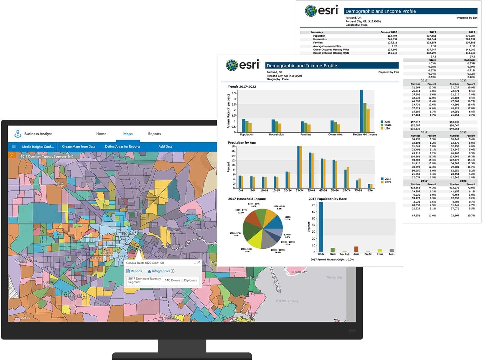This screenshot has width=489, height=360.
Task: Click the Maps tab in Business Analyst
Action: tap(128, 134)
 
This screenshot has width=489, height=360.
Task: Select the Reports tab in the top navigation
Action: tap(154, 134)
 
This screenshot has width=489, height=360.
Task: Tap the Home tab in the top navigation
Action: tap(101, 134)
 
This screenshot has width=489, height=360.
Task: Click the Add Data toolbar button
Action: tap(165, 146)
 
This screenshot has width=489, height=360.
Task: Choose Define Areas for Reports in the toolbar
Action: tap(122, 146)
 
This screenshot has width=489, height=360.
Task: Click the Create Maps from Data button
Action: tap(78, 146)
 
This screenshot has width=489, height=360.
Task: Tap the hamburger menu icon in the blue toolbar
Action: tap(14, 146)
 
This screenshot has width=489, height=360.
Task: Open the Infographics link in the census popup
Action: tap(161, 271)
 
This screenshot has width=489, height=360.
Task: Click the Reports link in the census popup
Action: tap(136, 271)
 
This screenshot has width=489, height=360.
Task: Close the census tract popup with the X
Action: tap(199, 262)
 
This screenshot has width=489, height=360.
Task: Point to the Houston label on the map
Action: tap(129, 234)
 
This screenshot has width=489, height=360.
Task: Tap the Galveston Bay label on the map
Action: tap(287, 301)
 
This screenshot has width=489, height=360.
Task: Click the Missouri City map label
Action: tap(75, 295)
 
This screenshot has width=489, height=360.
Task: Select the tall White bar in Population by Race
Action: tap(321, 227)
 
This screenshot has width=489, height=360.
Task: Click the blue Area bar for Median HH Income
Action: tap(361, 111)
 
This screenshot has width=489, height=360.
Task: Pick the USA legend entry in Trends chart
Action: tap(387, 128)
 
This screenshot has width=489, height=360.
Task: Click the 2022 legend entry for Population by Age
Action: tap(387, 182)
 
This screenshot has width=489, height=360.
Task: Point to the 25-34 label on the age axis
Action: tap(299, 190)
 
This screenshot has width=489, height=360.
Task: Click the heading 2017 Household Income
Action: tap(247, 199)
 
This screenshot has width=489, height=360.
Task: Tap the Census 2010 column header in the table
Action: tap(389, 32)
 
